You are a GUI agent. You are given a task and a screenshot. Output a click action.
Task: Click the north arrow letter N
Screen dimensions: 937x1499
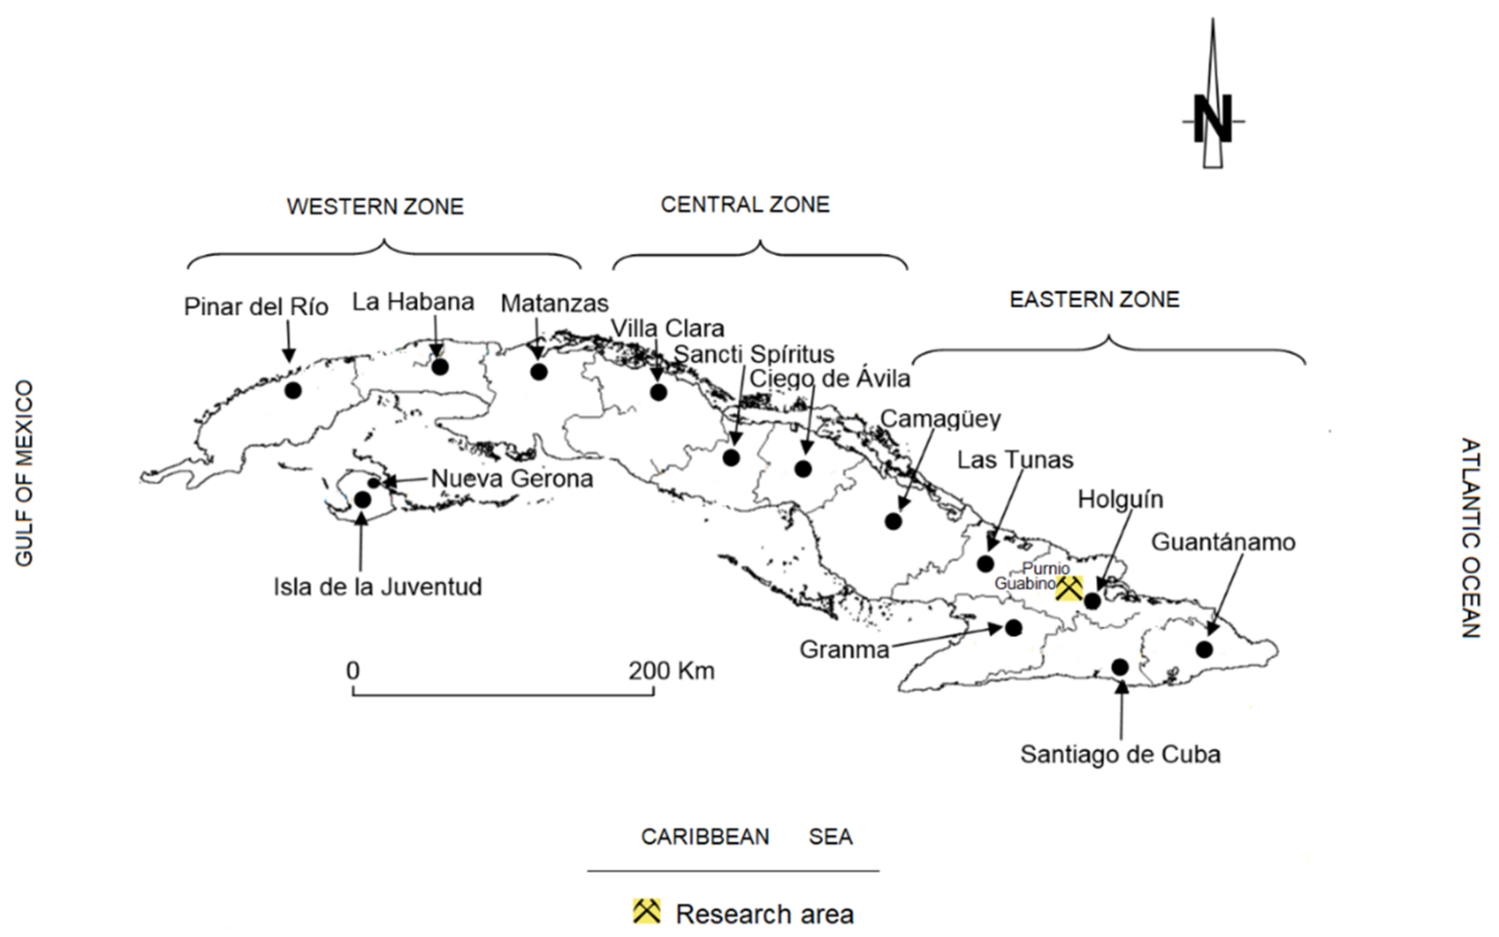click(x=1213, y=120)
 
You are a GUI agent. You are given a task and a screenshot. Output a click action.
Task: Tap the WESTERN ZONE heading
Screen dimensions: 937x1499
click(x=375, y=207)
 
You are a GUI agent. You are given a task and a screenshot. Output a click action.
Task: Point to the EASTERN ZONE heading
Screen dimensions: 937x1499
click(x=1094, y=300)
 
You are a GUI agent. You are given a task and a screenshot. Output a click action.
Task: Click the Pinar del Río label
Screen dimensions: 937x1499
click(x=256, y=307)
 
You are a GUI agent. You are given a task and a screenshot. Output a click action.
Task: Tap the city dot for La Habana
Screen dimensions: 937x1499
click(x=440, y=367)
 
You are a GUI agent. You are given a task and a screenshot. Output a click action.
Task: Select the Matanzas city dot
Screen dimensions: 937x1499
click(x=538, y=372)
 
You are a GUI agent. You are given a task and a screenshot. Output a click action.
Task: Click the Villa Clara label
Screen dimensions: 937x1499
click(x=667, y=328)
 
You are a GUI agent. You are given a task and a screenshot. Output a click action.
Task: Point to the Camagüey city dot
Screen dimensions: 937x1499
click(x=893, y=521)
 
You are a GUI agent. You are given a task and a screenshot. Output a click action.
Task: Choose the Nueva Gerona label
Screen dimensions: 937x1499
click(x=512, y=479)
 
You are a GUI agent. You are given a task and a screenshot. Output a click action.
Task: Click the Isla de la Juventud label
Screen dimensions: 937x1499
click(x=377, y=587)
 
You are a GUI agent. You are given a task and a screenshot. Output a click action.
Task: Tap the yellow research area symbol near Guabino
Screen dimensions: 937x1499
click(x=1069, y=588)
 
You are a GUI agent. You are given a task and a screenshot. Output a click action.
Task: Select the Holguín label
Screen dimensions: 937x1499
click(x=1121, y=500)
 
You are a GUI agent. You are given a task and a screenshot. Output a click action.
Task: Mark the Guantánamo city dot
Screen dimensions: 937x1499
click(x=1204, y=650)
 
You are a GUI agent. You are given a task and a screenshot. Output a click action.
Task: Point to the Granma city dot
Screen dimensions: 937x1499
click(x=1014, y=628)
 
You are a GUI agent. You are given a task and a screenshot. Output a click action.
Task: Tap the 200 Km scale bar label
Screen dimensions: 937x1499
click(x=671, y=670)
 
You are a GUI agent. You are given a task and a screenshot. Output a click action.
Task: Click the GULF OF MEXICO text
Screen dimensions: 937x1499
click(x=24, y=473)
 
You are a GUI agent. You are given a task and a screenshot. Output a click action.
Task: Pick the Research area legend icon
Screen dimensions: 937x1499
click(x=646, y=911)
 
